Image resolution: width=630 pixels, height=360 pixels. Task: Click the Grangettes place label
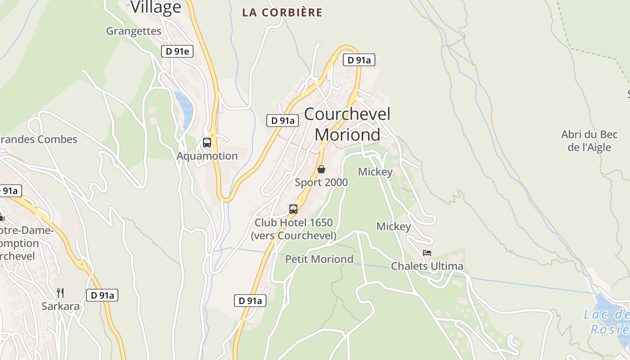click(x=134, y=31)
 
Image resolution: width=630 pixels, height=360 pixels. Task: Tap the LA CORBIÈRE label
click(x=282, y=13)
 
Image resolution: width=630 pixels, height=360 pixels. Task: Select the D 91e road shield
click(x=177, y=51)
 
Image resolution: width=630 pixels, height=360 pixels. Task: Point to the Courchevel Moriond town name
click(x=347, y=124)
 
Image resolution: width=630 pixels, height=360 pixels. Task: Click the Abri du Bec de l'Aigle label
click(x=589, y=141)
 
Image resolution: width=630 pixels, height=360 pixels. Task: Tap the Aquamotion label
click(x=207, y=156)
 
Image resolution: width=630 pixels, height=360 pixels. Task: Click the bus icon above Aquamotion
click(x=207, y=143)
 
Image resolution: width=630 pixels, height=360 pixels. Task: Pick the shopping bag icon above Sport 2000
click(x=321, y=169)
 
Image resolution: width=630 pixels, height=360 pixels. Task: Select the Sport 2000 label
click(x=321, y=182)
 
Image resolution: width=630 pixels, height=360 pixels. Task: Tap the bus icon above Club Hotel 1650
click(x=293, y=209)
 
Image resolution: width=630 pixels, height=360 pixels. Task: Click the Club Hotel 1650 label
click(x=293, y=229)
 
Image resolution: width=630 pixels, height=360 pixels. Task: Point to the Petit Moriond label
click(x=319, y=259)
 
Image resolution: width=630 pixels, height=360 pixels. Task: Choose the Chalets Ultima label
click(x=427, y=266)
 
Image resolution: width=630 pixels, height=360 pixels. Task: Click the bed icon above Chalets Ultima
click(x=427, y=253)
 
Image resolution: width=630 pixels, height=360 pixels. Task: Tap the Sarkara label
click(x=60, y=306)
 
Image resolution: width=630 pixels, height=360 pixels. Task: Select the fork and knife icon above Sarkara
click(x=60, y=293)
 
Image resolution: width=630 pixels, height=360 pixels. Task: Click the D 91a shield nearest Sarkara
click(x=102, y=295)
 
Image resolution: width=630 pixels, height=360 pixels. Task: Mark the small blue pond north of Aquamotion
click(x=184, y=108)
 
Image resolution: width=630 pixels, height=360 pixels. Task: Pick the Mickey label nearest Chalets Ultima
click(x=394, y=226)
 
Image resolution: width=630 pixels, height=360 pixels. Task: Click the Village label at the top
click(x=156, y=7)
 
